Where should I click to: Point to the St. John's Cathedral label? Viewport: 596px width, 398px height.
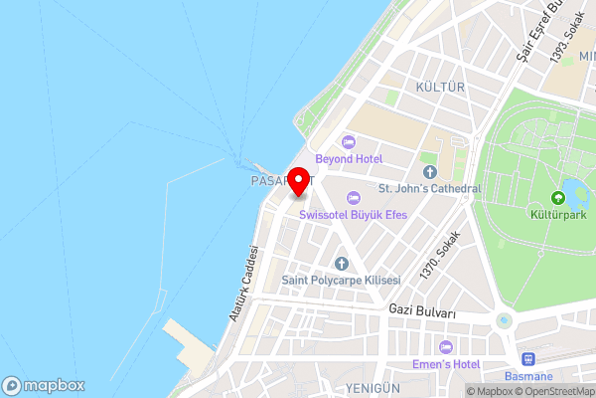click(x=429, y=188)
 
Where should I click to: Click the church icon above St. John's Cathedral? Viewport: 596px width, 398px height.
click(x=429, y=172)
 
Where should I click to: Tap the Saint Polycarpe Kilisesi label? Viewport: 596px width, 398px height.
click(x=341, y=280)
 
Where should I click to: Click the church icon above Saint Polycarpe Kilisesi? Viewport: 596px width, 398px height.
click(x=341, y=264)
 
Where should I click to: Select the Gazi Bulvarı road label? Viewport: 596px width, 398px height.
click(x=421, y=312)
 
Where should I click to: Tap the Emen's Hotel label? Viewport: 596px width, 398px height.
click(x=445, y=363)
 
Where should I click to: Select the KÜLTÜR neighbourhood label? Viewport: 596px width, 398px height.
click(x=441, y=88)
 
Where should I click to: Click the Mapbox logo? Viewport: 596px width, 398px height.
click(x=43, y=385)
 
